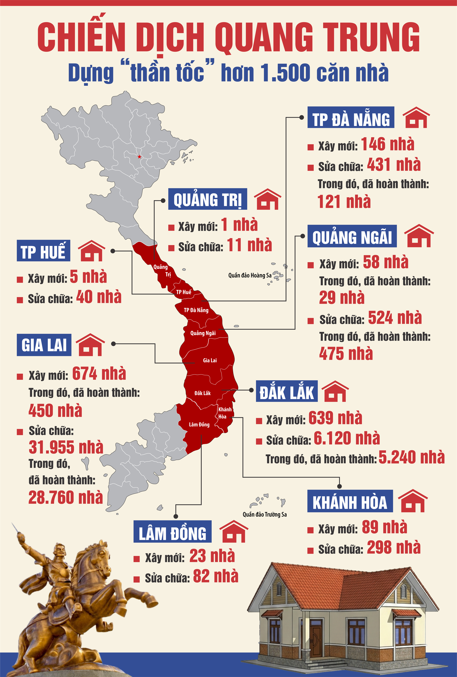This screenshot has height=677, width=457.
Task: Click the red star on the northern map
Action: click(x=139, y=157)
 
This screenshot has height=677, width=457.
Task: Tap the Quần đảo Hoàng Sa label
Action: click(x=250, y=275)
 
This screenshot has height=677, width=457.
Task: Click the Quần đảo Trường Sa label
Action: click(x=265, y=514)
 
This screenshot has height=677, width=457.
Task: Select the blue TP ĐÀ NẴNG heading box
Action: click(x=351, y=117)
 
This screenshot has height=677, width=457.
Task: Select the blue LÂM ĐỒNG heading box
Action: click(x=172, y=531)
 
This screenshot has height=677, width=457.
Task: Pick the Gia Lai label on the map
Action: click(x=210, y=360)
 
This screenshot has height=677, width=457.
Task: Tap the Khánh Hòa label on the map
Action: click(x=225, y=413)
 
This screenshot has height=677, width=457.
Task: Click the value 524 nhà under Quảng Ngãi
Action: click(x=395, y=318)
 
